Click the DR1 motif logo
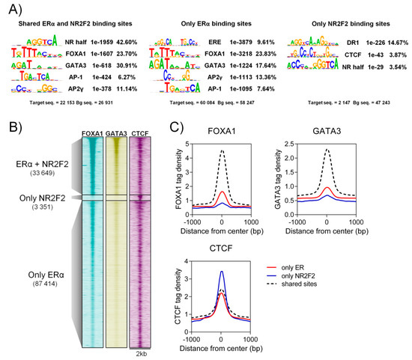coord(309,43)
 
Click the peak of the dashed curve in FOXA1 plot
coord(222,151)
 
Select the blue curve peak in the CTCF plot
coord(222,272)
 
